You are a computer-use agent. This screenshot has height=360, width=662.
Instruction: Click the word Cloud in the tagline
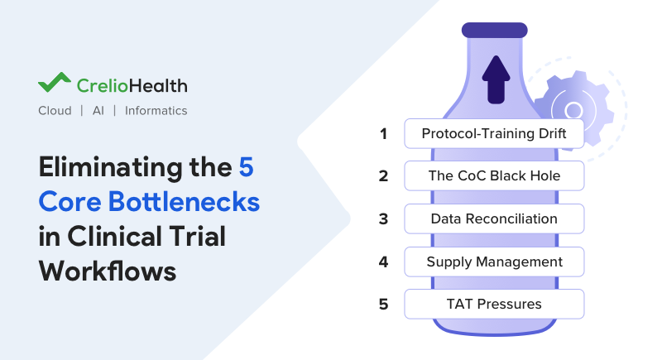pos(55,111)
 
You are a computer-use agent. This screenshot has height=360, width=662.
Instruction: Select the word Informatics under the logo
pos(156,111)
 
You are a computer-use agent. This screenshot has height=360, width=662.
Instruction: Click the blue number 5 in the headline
pos(247,166)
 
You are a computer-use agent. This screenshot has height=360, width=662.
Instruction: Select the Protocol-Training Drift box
pos(494,133)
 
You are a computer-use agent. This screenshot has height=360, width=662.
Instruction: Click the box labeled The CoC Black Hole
pos(494,175)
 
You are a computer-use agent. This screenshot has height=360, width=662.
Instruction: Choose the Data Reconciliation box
pos(494,218)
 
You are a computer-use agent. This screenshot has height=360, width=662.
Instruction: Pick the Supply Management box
pos(494,262)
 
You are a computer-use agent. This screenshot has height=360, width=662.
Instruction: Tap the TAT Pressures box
pos(494,304)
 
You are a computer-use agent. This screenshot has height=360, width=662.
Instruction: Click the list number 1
pos(383,133)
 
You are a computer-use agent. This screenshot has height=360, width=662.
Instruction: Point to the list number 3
pos(383,218)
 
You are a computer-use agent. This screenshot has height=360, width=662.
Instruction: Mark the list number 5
pos(383,304)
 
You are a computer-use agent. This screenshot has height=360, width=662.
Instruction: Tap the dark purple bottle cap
pos(495,30)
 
